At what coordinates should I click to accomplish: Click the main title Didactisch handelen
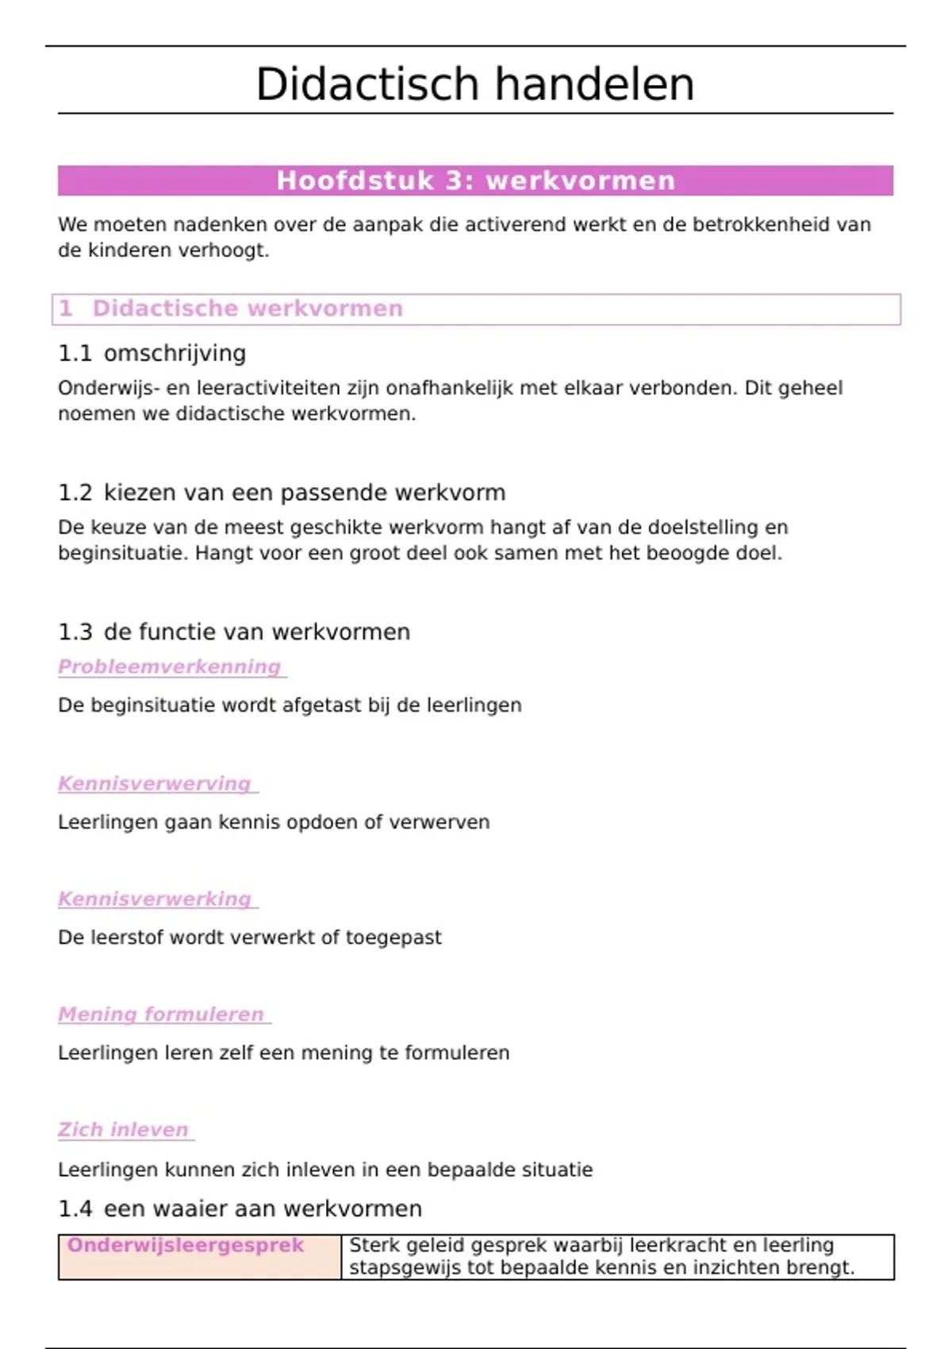pyautogui.click(x=474, y=84)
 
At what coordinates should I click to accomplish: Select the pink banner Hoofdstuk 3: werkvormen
pyautogui.click(x=475, y=181)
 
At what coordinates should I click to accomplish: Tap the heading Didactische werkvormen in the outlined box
pyautogui.click(x=248, y=309)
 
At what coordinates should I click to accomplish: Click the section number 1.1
pyautogui.click(x=75, y=353)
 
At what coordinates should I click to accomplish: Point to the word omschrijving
pyautogui.click(x=175, y=353)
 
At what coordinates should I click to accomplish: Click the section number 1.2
pyautogui.click(x=75, y=493)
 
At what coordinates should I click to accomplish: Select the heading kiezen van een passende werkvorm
pyautogui.click(x=305, y=493)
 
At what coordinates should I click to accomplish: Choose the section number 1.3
pyautogui.click(x=75, y=632)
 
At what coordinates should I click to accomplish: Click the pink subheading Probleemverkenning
pyautogui.click(x=170, y=667)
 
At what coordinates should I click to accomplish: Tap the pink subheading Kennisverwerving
pyautogui.click(x=155, y=784)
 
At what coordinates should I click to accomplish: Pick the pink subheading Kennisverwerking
pyautogui.click(x=155, y=899)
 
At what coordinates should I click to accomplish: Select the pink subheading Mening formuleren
pyautogui.click(x=161, y=1015)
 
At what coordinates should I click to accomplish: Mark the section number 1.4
pyautogui.click(x=75, y=1209)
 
